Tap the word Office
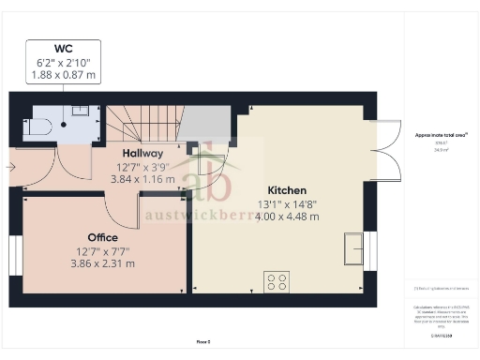[102, 237]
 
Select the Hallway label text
[143, 153]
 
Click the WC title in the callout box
[65, 48]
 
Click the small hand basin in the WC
[81, 111]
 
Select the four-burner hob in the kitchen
[277, 280]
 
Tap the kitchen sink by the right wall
[354, 247]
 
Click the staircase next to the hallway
[142, 121]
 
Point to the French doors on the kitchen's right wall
[385, 152]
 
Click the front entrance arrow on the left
[9, 168]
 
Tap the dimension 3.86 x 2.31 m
[102, 263]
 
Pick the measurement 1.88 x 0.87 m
[65, 74]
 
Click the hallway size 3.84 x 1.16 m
[143, 178]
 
